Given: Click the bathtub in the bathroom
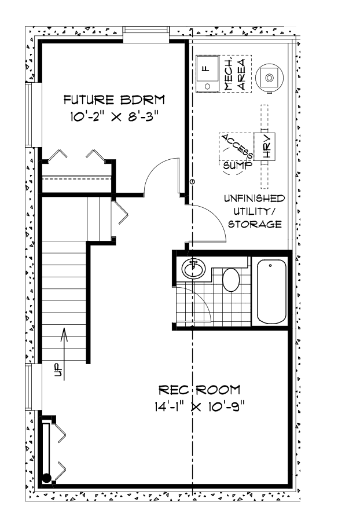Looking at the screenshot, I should [x=271, y=293].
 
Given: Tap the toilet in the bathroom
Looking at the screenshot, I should [x=231, y=280].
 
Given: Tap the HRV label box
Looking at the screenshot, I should [x=267, y=147].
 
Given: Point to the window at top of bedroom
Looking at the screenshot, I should [x=145, y=34].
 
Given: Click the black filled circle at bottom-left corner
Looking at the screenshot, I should [x=46, y=478].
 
